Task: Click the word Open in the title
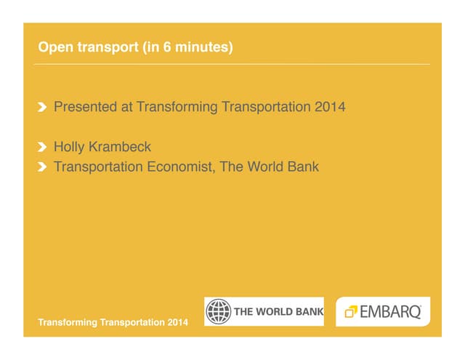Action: (x=55, y=48)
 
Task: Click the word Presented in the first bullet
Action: (x=85, y=108)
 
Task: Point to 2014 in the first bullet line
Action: (x=330, y=108)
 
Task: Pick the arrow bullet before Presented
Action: (x=43, y=108)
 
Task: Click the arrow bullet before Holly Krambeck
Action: (x=43, y=148)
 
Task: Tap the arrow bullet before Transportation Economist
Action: (x=43, y=168)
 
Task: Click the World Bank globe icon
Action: (x=218, y=311)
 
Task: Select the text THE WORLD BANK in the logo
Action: (x=278, y=311)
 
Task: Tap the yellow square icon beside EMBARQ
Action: (x=350, y=312)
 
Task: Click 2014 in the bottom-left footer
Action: (x=177, y=321)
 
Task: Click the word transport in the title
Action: (x=103, y=49)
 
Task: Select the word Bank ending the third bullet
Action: (x=303, y=167)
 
